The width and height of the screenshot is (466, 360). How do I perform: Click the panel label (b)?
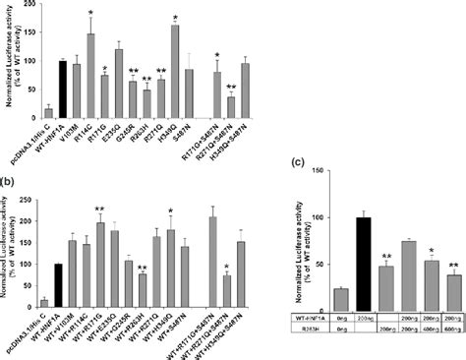pyautogui.click(x=8, y=180)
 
